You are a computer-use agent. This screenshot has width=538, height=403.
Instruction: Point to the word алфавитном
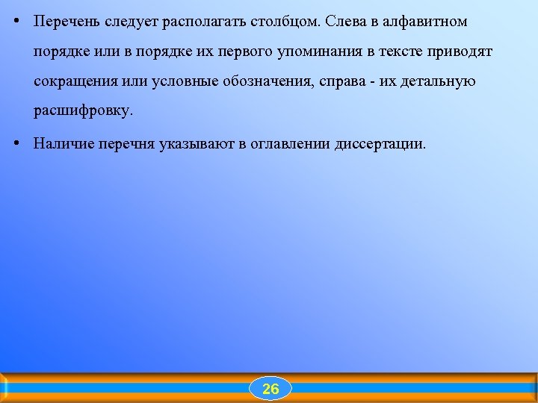[x=425, y=22]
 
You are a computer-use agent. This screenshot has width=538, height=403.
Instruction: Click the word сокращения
[x=71, y=81]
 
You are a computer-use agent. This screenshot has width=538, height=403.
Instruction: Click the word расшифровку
[x=82, y=111]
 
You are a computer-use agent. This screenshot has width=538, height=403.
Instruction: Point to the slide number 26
[x=270, y=389]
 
